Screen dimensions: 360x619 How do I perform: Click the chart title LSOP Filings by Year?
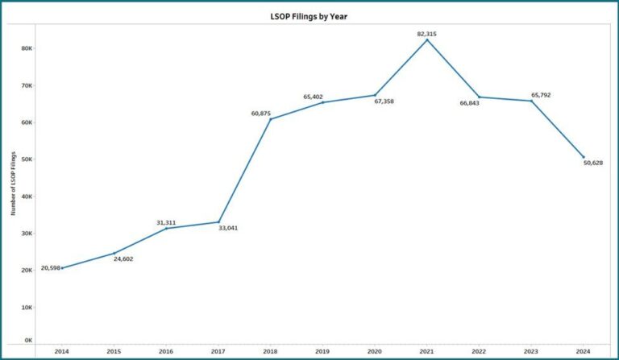click(309, 16)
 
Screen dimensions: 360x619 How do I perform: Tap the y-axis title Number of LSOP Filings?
click(14, 184)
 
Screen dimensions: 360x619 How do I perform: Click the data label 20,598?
click(50, 267)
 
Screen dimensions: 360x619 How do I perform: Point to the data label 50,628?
click(592, 163)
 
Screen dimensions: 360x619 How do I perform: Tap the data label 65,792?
click(541, 95)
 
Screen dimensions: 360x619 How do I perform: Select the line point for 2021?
click(427, 39)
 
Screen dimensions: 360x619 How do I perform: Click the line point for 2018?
click(270, 119)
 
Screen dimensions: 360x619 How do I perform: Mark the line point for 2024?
click(584, 157)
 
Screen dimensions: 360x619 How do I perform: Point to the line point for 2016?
click(166, 228)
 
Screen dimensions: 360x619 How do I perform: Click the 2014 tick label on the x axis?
click(62, 351)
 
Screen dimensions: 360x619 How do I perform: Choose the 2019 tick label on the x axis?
click(322, 351)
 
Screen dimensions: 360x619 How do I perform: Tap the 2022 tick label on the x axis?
click(479, 351)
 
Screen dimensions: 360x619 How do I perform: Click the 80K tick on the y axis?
click(27, 48)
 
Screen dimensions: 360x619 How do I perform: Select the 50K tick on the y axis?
click(27, 159)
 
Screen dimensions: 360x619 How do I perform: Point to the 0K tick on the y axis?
click(28, 341)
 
